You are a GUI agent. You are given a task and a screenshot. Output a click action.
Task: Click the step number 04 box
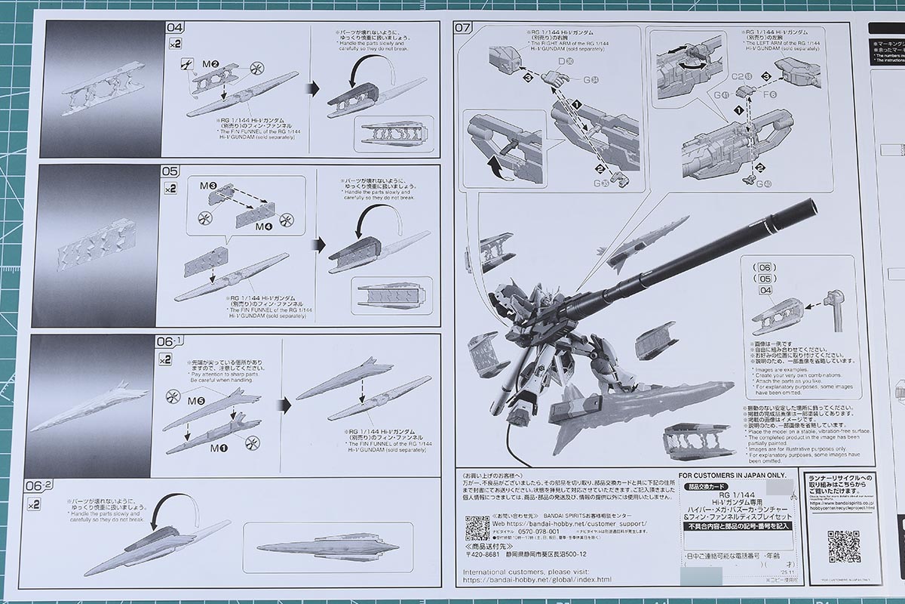[174, 29]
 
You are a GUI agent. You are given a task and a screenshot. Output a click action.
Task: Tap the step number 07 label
[462, 29]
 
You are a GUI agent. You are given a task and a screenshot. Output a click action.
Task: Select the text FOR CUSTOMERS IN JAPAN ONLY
[728, 476]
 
